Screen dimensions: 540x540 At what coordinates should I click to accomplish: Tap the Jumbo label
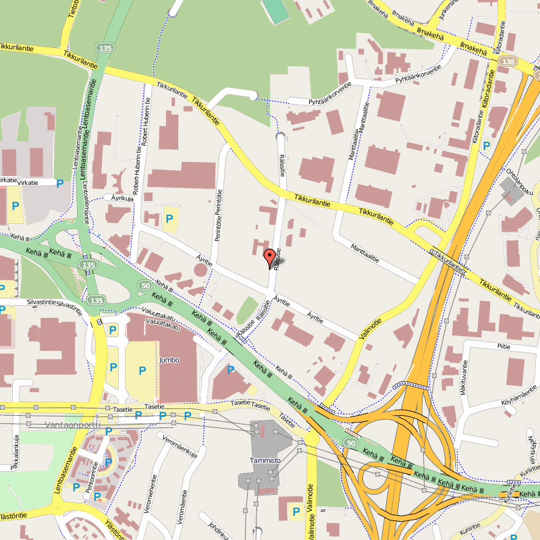click(169, 360)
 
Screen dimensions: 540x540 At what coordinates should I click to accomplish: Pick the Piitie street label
click(503, 346)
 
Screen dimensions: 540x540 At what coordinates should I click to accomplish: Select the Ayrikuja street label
click(123, 198)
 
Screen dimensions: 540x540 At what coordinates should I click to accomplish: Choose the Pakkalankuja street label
click(15, 447)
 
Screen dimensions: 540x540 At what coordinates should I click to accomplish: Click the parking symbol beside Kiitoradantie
click(487, 144)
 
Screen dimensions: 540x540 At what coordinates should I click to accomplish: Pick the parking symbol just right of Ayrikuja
click(169, 218)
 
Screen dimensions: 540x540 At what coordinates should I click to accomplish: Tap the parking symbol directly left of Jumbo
click(142, 371)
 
